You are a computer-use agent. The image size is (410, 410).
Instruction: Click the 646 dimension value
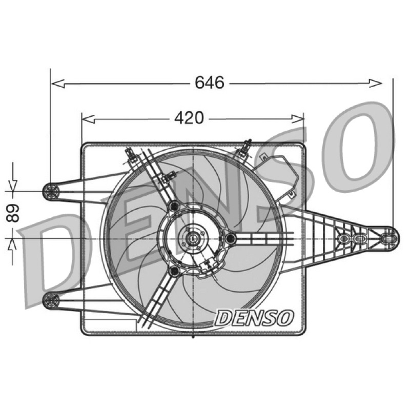point(210,83)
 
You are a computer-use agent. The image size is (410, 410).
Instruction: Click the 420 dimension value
point(189,118)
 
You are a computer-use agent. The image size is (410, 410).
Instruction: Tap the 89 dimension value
point(13,213)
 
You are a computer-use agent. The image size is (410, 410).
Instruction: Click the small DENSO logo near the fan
point(254,318)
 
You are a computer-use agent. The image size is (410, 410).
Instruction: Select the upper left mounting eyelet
point(51,191)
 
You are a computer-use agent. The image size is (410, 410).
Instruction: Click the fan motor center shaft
point(193,238)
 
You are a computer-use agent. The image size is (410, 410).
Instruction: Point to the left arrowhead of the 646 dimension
point(58,84)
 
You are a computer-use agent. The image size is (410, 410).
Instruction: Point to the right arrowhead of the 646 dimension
point(376,83)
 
